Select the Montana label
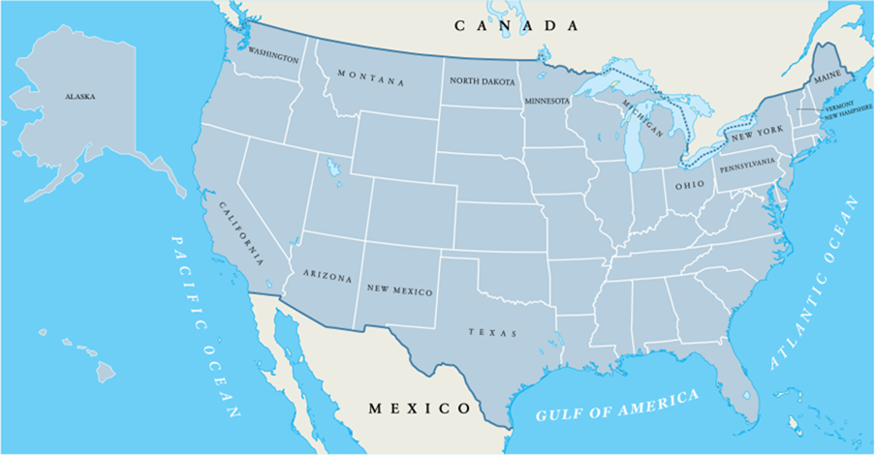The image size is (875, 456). tap(371, 77)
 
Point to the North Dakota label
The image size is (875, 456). tap(479, 80)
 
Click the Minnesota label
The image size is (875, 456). tap(547, 101)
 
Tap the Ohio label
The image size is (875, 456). tap(690, 184)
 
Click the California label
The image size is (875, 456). tap(240, 233)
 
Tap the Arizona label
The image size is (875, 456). tap(328, 276)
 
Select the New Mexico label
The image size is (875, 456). tap(399, 289)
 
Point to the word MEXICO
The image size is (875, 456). tap(419, 408)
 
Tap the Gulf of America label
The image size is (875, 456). tap(617, 406)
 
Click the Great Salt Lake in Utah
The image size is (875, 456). tap(335, 170)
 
